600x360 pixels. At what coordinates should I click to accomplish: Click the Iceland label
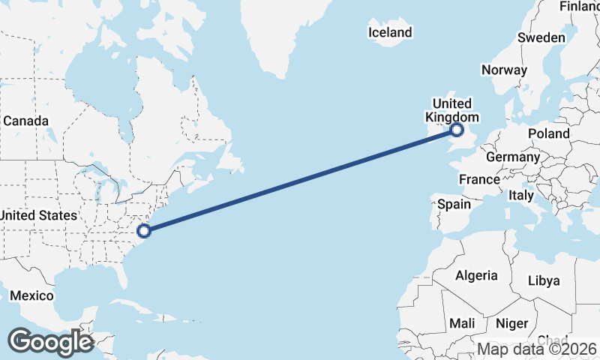tap(390, 32)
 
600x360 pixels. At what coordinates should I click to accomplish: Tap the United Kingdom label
tap(451, 110)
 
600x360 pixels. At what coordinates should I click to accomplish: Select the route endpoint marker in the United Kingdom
tap(457, 131)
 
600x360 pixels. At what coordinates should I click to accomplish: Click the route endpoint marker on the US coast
tap(144, 230)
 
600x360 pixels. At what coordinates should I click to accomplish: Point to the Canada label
tap(26, 121)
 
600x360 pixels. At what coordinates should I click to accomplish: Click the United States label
tap(39, 215)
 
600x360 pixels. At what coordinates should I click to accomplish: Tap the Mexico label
tap(31, 295)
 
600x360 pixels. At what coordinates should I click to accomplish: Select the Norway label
tap(504, 70)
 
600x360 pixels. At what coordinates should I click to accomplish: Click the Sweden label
tap(541, 37)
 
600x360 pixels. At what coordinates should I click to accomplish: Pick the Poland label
tap(548, 133)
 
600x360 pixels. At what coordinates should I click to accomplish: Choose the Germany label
tap(512, 157)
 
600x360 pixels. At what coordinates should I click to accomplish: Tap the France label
tap(479, 179)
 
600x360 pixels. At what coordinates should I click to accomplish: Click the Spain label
tap(454, 204)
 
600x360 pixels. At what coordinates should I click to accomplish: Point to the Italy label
tap(521, 195)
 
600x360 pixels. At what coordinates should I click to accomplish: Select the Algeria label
tap(476, 275)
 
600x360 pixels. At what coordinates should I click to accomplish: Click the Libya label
tap(544, 280)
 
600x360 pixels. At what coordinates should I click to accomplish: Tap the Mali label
tap(462, 323)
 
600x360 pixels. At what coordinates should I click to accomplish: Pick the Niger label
tap(511, 323)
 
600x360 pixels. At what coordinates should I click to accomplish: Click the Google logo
tap(50, 342)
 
